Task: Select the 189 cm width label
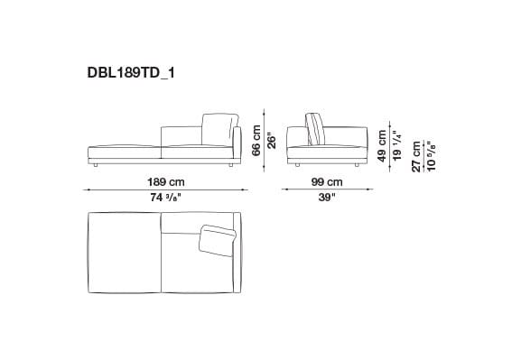[160, 181]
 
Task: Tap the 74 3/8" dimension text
[160, 197]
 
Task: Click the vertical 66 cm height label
[256, 139]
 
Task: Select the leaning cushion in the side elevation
[316, 128]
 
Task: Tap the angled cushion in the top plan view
[217, 238]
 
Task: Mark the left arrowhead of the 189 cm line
[87, 189]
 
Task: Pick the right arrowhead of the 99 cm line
[373, 189]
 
